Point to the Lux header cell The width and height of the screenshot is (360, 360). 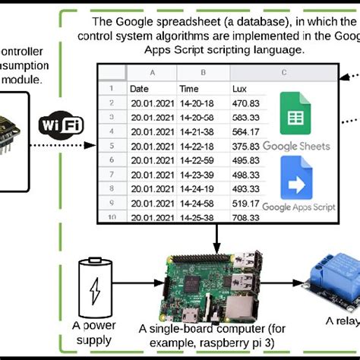point(221,89)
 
